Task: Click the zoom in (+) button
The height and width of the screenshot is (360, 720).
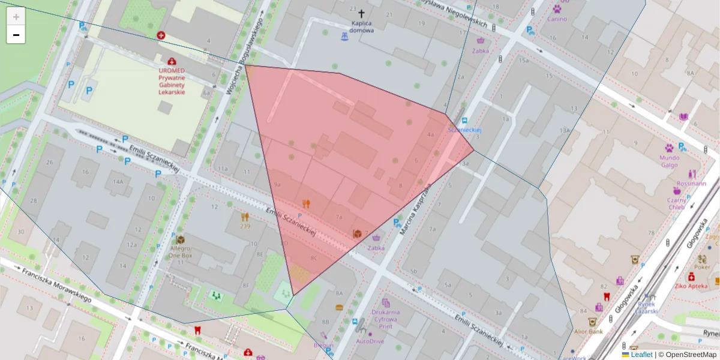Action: click(16, 17)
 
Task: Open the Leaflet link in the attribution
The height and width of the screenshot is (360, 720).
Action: click(641, 355)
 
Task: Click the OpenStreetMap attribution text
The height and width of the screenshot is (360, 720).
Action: click(691, 355)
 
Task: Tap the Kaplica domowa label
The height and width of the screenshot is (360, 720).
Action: click(362, 27)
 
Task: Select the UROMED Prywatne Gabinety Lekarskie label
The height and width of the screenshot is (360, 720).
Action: click(172, 81)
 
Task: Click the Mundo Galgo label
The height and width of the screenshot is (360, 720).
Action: click(669, 161)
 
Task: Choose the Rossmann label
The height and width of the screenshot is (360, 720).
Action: click(691, 183)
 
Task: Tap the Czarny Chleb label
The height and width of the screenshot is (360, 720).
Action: click(677, 203)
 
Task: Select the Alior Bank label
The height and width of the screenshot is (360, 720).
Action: click(588, 331)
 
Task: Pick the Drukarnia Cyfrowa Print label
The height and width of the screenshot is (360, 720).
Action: click(386, 319)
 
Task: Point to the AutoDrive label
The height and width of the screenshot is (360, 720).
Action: click(370, 341)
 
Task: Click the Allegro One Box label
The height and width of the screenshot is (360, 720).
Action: click(180, 251)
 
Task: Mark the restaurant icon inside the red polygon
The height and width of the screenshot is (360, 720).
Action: click(307, 203)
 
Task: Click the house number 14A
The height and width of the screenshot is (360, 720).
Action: click(118, 181)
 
